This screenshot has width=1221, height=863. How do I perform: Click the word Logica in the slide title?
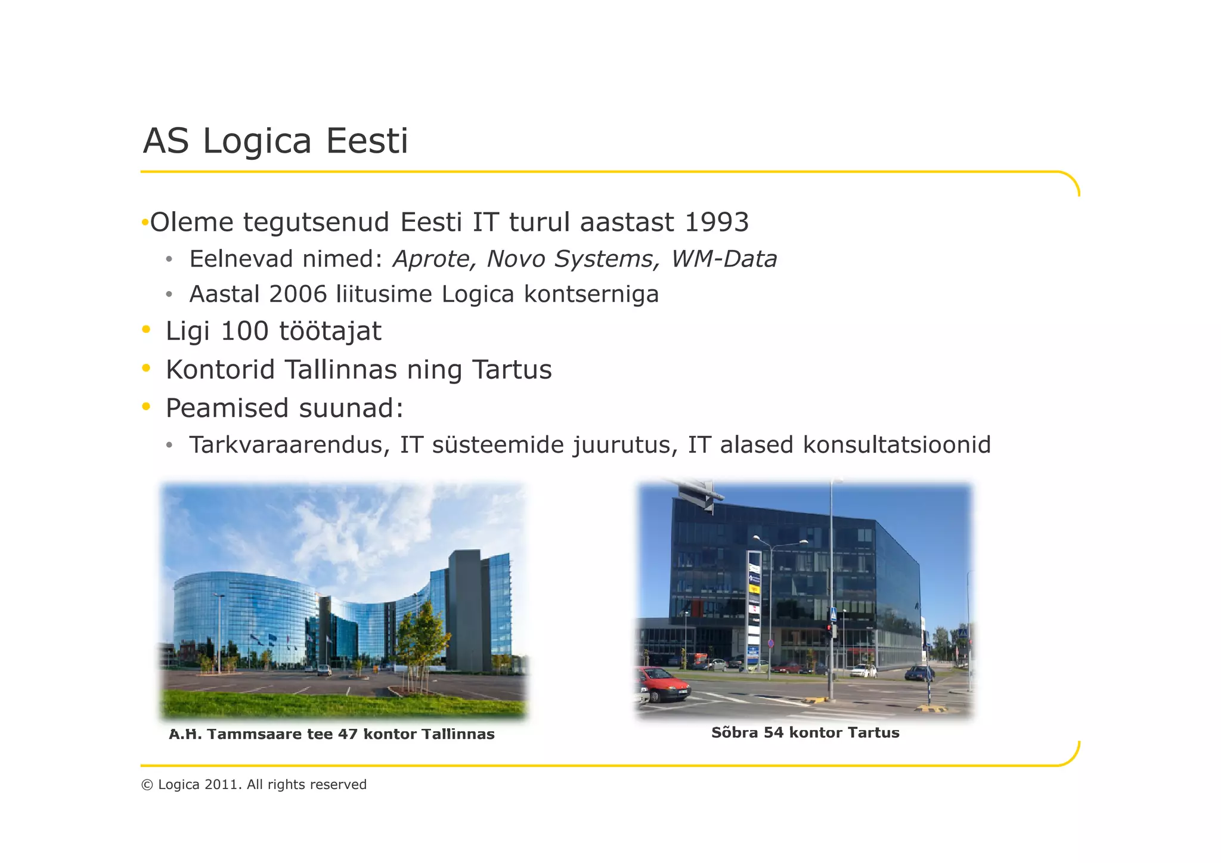click(257, 141)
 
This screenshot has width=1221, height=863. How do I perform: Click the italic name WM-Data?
click(724, 259)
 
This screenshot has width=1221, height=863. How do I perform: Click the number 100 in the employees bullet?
click(244, 331)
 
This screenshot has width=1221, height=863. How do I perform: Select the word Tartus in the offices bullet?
click(512, 369)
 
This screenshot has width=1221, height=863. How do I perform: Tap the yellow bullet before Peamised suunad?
click(146, 407)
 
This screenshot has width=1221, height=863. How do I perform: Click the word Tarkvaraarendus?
click(289, 445)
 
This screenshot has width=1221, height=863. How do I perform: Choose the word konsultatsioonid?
click(897, 445)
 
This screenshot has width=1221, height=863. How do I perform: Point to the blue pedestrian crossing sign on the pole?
click(833, 614)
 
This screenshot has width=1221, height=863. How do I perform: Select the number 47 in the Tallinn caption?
click(347, 734)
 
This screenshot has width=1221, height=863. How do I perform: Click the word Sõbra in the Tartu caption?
click(735, 732)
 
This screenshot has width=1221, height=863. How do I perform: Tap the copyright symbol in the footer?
click(147, 785)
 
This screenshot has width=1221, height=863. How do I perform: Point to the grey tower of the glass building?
click(463, 608)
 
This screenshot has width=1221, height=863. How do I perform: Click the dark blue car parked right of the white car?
click(919, 674)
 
